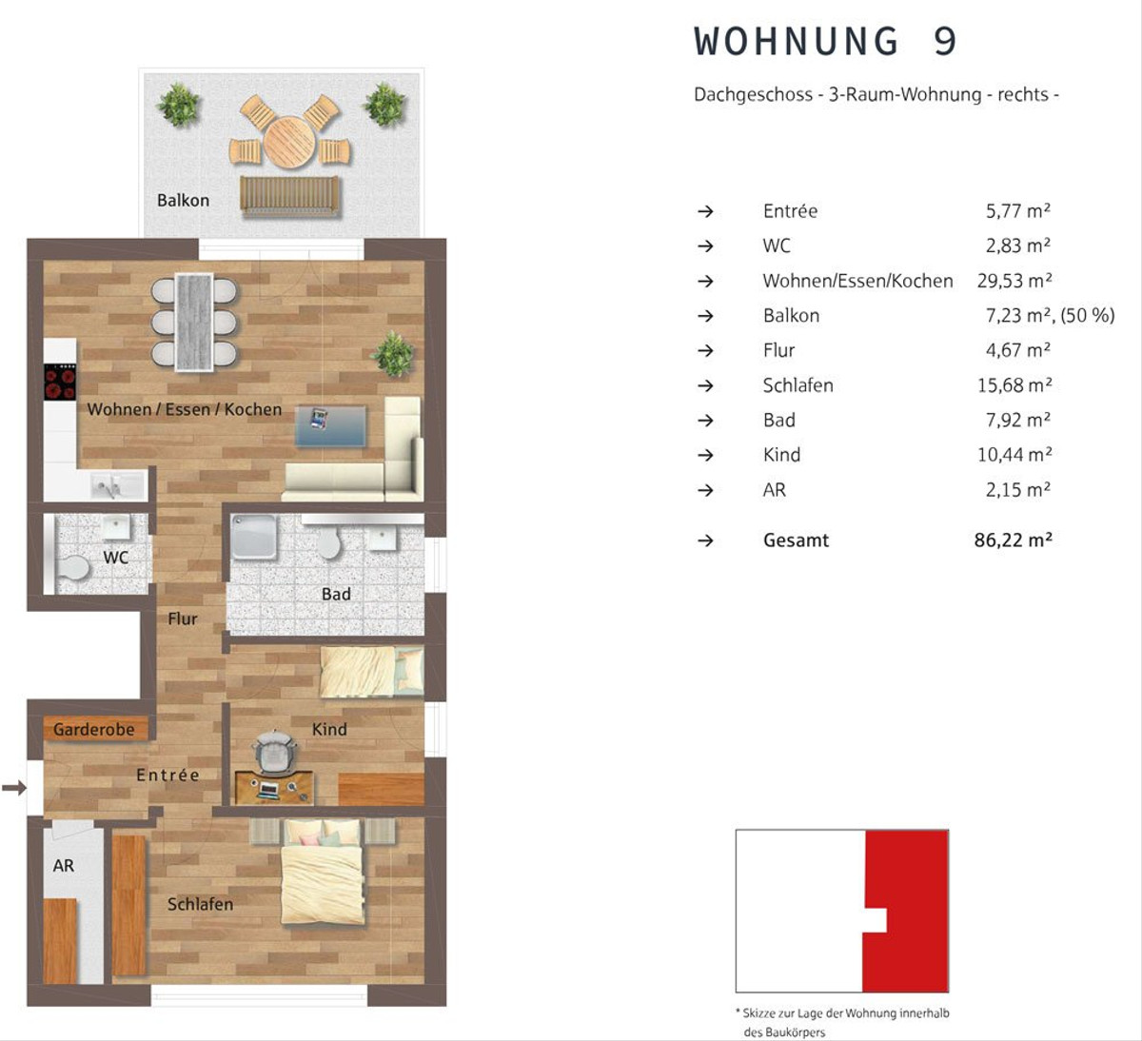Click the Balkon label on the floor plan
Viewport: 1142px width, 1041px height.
[x=184, y=201]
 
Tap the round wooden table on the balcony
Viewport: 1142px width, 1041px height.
[x=289, y=142]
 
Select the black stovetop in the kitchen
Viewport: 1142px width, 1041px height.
[x=60, y=382]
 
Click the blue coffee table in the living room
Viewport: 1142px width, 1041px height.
[x=330, y=425]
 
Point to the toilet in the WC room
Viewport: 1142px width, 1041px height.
[x=73, y=568]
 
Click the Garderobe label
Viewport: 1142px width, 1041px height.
[x=94, y=730]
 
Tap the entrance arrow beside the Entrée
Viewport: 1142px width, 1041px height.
[x=14, y=788]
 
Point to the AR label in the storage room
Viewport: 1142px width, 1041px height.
[x=63, y=866]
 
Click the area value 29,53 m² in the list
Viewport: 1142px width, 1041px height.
[x=1014, y=281]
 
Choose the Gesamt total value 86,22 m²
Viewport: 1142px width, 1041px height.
[x=1014, y=540]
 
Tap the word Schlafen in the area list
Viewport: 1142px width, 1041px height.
[x=798, y=385]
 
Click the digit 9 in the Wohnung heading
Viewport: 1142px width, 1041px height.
[x=945, y=41]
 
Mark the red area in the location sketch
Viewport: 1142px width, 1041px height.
[x=911, y=912]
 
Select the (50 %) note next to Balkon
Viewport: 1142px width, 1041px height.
[x=1088, y=316]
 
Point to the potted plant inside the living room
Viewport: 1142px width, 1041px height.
[x=392, y=354]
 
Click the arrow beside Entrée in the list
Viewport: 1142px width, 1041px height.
[x=706, y=212]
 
